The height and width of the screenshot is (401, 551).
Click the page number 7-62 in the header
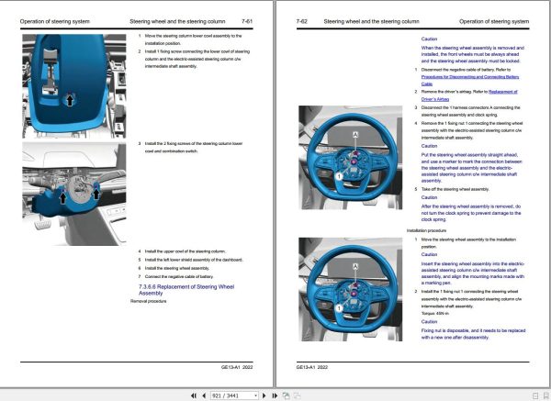pyautogui.click(x=302, y=19)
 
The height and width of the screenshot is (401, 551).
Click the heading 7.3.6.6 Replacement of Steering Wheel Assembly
pyautogui.click(x=182, y=289)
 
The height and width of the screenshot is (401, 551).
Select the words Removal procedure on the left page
pyautogui.click(x=151, y=300)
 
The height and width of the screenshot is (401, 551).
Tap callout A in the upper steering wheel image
pyautogui.click(x=354, y=135)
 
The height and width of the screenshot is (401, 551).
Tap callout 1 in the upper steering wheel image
pyautogui.click(x=339, y=174)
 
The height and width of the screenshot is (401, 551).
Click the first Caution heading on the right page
pyautogui.click(x=429, y=39)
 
